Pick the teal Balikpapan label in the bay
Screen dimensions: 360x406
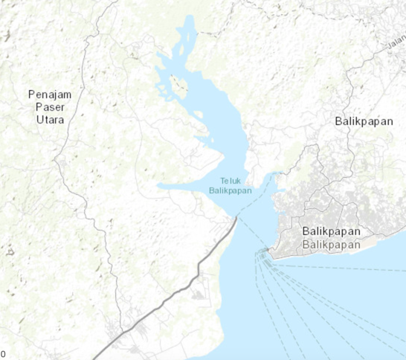coord(230,190)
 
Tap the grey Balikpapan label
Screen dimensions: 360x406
coord(332,244)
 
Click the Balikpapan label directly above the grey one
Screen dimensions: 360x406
coord(332,231)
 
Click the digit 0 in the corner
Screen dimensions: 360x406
coord(3,353)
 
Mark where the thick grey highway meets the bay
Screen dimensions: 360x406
coord(236,219)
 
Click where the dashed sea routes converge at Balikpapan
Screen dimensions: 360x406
coord(262,254)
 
